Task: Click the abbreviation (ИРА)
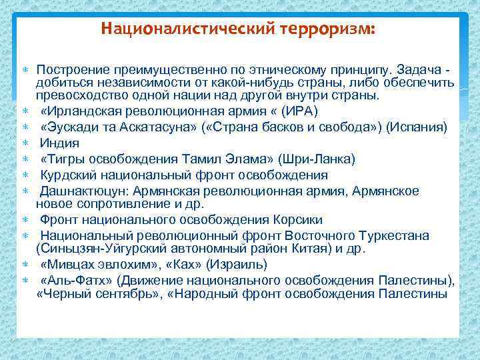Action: [300, 111]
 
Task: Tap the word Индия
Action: [59, 143]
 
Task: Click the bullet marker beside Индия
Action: [25, 143]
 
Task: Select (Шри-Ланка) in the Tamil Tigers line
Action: [319, 159]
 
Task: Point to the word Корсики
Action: [298, 220]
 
